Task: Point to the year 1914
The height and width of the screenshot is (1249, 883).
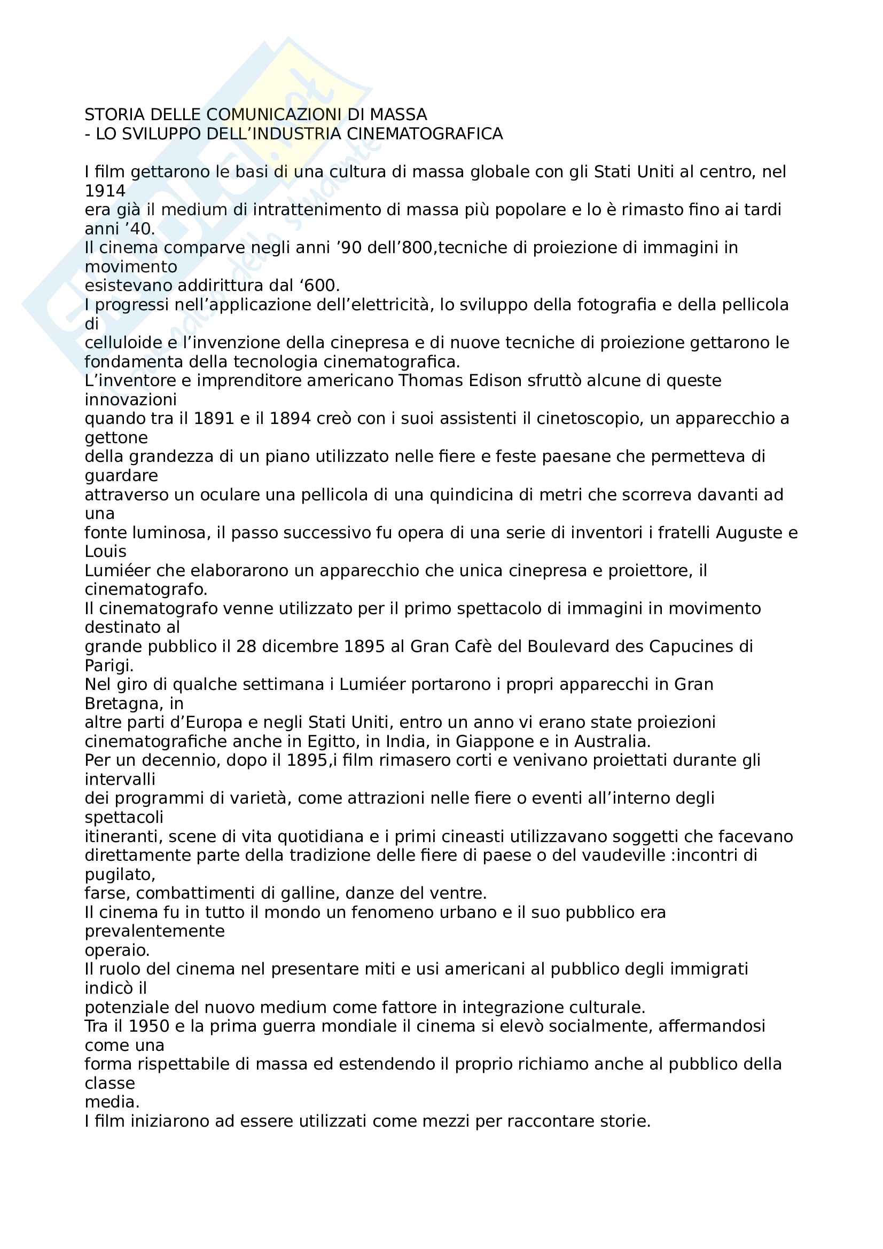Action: click(x=105, y=191)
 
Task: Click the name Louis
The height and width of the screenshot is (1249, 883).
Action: click(x=106, y=552)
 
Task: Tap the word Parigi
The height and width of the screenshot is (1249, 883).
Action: click(x=109, y=665)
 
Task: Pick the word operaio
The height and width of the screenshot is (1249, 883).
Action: click(x=117, y=951)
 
